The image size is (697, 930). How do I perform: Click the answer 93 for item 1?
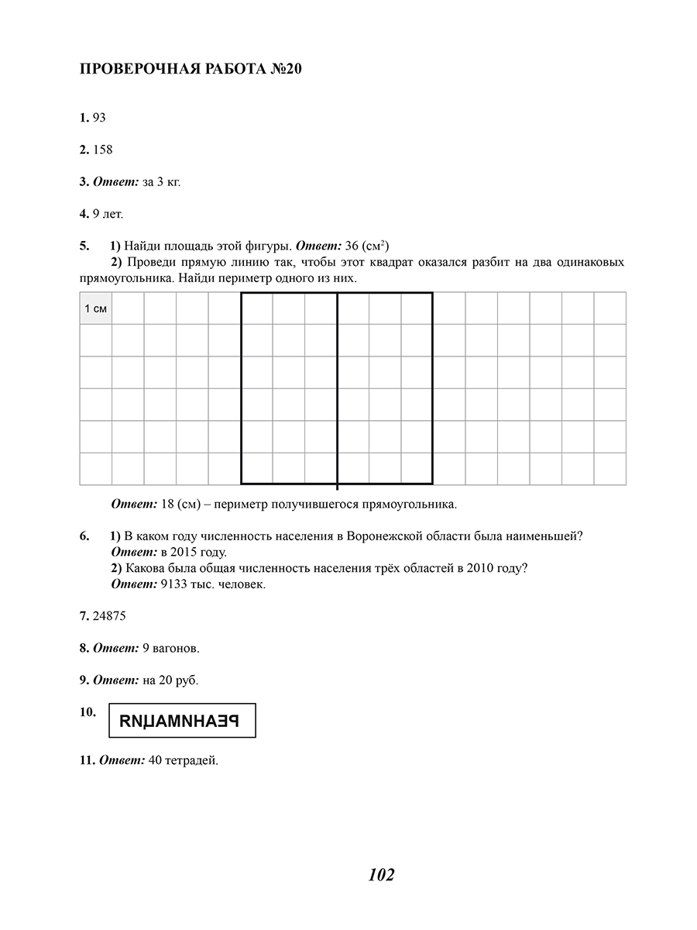click(99, 118)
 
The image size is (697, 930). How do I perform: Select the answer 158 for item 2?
click(102, 150)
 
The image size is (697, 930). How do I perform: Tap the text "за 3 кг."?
click(162, 182)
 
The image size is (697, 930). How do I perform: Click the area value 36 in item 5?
click(352, 246)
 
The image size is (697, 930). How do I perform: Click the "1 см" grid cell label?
click(96, 308)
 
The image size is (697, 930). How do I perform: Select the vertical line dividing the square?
click(337, 387)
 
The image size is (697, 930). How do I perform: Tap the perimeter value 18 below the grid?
click(167, 504)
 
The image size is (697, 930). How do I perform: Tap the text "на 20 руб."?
click(170, 680)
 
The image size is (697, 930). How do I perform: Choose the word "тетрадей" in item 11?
click(194, 760)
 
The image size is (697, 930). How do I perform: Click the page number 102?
click(382, 875)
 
